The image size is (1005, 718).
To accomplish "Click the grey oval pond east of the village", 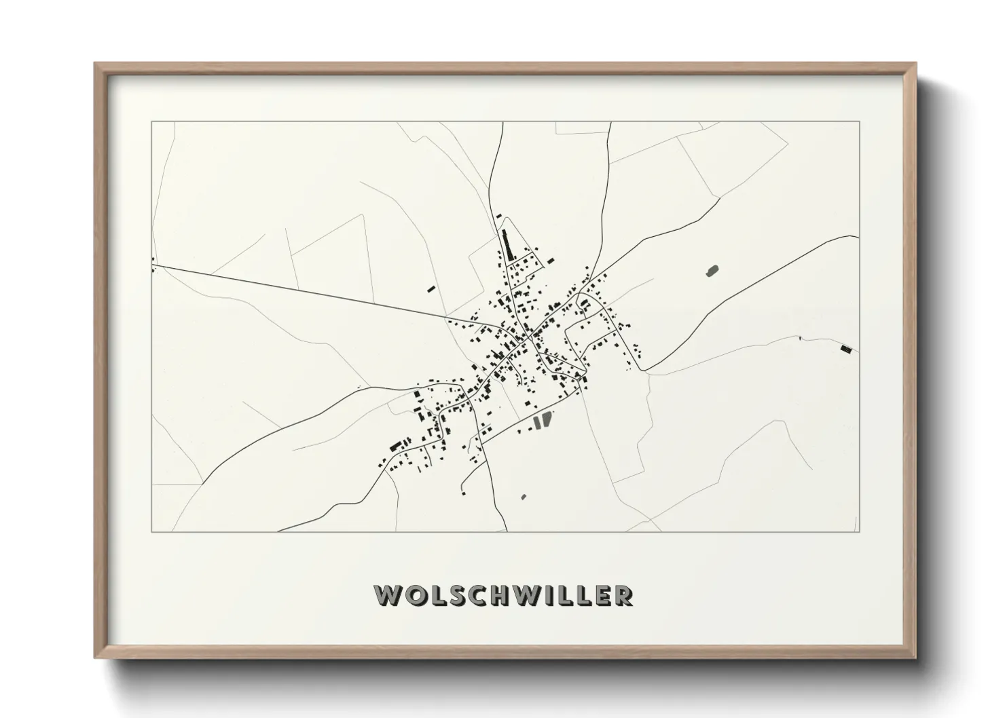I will pos(712,271).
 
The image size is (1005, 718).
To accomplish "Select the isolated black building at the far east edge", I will pos(845,349).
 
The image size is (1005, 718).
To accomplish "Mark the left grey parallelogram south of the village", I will pos(538,422).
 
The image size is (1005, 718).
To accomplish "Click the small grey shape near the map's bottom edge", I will pos(524,497).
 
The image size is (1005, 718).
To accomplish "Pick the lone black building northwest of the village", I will pos(431,289).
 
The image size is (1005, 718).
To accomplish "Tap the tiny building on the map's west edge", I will pos(153,259).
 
